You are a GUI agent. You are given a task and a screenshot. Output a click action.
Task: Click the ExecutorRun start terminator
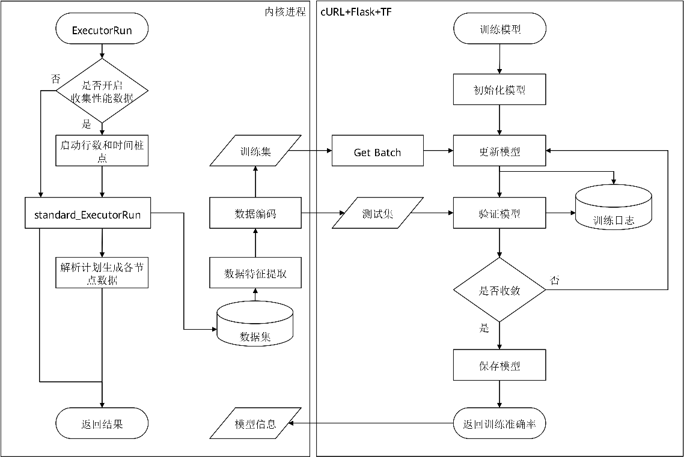click(x=102, y=28)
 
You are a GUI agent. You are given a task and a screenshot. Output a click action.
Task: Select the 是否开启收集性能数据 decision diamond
click(x=102, y=91)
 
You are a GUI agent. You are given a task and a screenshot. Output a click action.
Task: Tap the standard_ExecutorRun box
click(x=87, y=213)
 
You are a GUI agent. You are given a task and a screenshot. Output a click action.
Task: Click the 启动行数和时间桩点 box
click(x=102, y=151)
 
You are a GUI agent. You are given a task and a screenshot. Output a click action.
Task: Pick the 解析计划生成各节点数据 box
click(x=102, y=273)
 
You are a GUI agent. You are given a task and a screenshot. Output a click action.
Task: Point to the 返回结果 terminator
click(x=102, y=423)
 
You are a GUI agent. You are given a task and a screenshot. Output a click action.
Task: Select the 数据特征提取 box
click(x=255, y=273)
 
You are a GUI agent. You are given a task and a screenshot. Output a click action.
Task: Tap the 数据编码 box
click(x=255, y=213)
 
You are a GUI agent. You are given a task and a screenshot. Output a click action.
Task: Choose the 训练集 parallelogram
click(x=255, y=151)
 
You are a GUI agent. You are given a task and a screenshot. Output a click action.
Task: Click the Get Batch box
click(x=377, y=151)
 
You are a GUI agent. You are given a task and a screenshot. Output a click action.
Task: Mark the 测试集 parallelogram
click(x=378, y=213)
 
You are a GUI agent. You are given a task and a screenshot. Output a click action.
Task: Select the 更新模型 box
click(x=499, y=151)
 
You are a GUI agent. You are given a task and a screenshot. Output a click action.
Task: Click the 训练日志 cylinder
click(x=613, y=208)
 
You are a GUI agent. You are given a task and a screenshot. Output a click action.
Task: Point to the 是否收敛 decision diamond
click(x=499, y=289)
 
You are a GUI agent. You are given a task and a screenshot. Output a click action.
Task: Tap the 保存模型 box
click(x=499, y=365)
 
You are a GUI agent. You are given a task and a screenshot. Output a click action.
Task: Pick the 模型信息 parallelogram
click(x=255, y=423)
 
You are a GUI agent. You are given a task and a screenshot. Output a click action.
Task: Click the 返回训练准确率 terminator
click(x=499, y=423)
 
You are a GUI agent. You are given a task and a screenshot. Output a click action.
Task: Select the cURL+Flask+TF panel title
click(x=356, y=12)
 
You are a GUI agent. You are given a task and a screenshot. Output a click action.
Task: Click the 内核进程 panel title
click(x=286, y=12)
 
